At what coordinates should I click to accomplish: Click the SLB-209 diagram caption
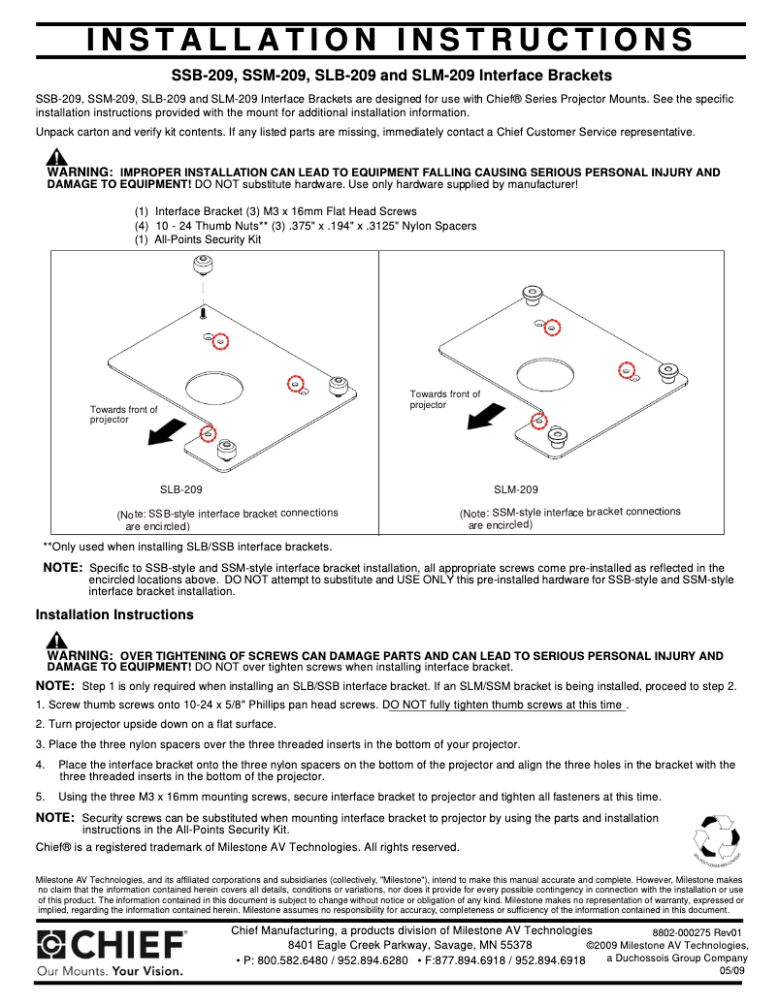coord(180,490)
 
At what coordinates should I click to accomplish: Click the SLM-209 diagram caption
coord(515,490)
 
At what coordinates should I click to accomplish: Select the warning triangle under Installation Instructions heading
coord(56,641)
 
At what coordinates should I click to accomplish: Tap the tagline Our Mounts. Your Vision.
coord(108,970)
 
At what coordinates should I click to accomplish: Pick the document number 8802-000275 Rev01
coord(697,932)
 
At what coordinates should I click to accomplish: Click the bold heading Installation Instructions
coord(114,614)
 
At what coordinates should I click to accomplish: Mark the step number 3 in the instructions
coord(39,744)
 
